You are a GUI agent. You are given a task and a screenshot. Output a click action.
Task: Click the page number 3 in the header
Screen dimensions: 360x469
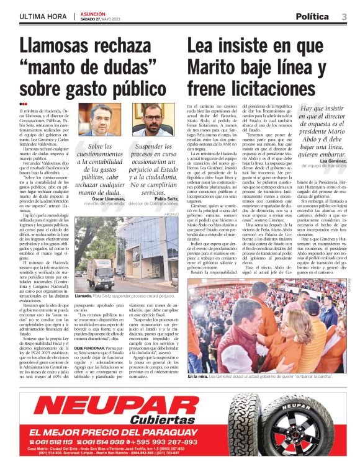click(x=344, y=17)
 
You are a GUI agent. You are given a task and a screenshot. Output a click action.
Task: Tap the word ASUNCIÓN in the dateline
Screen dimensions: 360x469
click(x=93, y=13)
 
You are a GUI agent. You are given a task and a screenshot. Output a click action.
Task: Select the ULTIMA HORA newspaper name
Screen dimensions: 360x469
click(x=43, y=17)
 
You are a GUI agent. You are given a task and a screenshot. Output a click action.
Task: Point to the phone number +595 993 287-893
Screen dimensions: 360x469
click(x=167, y=442)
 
